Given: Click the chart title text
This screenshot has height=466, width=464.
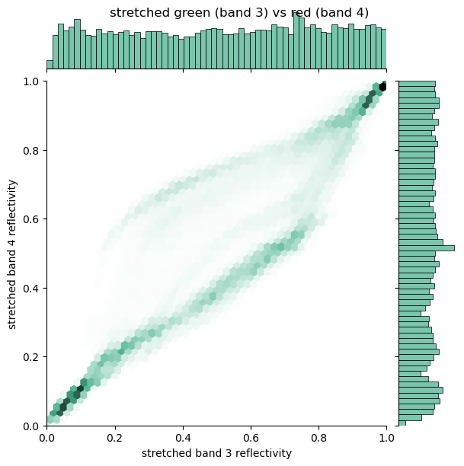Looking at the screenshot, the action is pos(239,13).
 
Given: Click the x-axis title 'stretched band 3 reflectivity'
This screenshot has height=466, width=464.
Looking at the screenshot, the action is pos(216,453).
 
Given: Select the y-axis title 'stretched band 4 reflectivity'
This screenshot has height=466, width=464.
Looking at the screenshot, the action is pos(12,254).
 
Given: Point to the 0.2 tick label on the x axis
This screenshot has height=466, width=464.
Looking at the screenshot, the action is pos(115,438).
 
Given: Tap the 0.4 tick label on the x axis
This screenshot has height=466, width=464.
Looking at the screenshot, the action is pos(183,438).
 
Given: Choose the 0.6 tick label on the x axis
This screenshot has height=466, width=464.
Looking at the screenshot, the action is pos(251,438).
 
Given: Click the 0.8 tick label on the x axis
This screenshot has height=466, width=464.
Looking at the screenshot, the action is pos(318,438).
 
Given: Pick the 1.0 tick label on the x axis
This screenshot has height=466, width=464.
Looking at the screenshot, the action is pos(386,438).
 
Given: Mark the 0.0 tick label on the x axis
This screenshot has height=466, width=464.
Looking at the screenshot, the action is pos(47,438).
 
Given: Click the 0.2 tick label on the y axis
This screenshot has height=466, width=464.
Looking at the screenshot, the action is pos(31,357).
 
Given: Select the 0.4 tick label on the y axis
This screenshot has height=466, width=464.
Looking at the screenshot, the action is pos(31,289).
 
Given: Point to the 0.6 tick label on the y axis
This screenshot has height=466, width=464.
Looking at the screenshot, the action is pos(31,219).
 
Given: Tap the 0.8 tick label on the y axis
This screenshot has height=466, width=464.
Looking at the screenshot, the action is pos(31,150).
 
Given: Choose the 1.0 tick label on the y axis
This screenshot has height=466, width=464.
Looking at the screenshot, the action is pos(31,81).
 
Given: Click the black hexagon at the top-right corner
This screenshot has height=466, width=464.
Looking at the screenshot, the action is pos(382,87).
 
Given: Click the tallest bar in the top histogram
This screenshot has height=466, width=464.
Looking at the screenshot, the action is pos(296,41).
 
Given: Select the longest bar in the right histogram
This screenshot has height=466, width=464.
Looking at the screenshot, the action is pos(427,248).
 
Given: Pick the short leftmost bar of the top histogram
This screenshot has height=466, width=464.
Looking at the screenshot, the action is pos(50,65).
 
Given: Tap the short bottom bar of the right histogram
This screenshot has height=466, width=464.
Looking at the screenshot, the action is pos(402,423).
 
